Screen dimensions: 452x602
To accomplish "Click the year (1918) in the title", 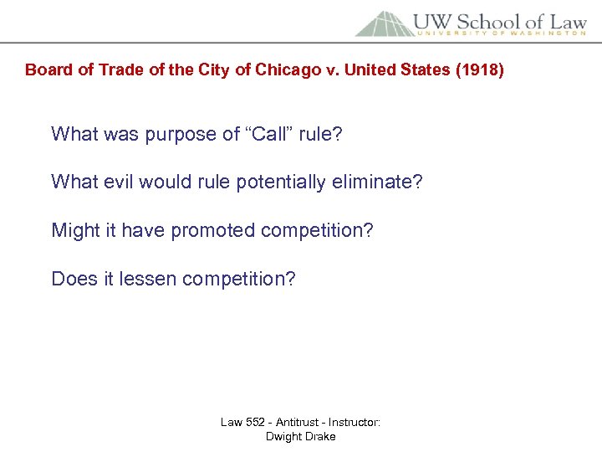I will pos(477,69).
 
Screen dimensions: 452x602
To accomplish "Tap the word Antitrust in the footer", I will pos(298,422).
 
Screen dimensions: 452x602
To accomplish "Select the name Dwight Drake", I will pos(300,436).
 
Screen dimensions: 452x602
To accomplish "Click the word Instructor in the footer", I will pos(357,422).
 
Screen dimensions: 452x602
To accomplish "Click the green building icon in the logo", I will pos(385,23).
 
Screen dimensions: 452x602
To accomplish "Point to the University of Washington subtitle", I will pos(502,34).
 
